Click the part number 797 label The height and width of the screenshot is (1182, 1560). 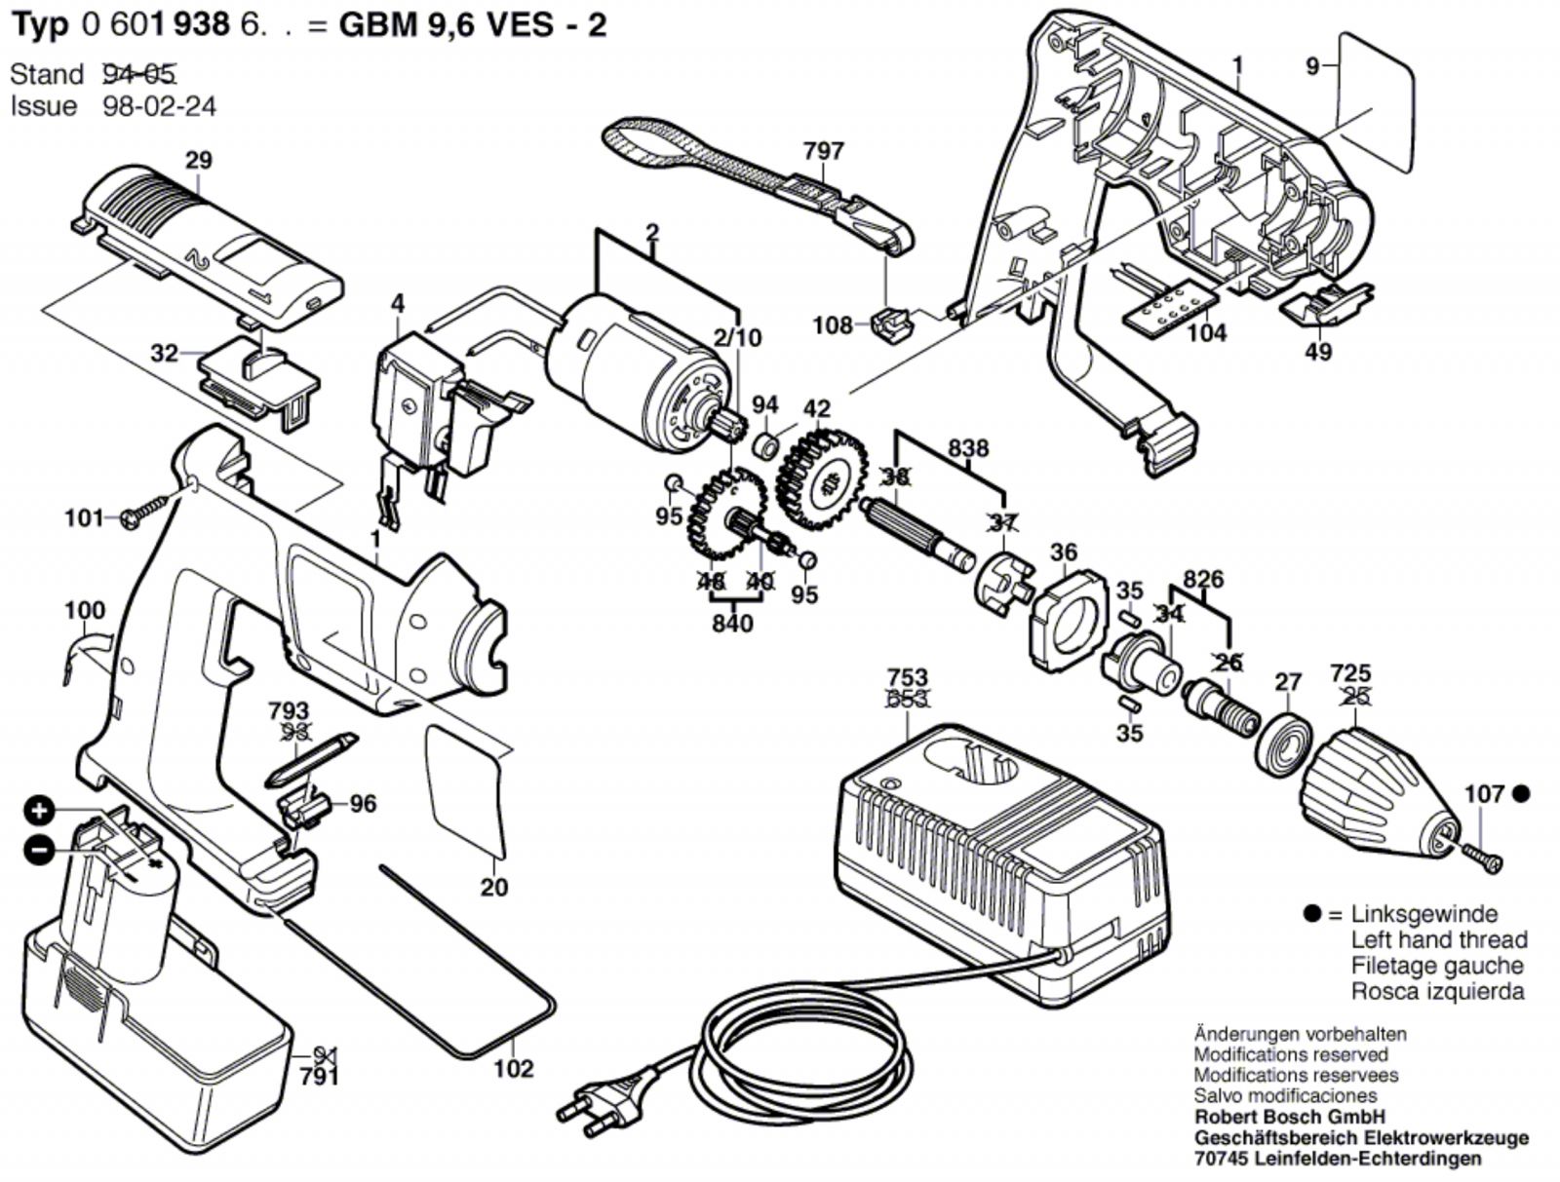click(x=823, y=151)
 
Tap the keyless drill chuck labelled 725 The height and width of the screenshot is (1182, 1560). click(x=1375, y=789)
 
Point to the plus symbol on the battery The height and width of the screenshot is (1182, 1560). click(x=39, y=811)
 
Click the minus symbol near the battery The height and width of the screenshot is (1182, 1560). click(x=39, y=850)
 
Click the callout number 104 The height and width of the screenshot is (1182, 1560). click(x=1206, y=333)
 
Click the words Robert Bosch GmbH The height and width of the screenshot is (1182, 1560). click(x=1289, y=1117)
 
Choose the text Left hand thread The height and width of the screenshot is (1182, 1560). click(x=1438, y=940)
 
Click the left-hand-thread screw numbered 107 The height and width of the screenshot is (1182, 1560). click(x=1483, y=856)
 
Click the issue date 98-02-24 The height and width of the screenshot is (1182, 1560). click(x=159, y=106)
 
